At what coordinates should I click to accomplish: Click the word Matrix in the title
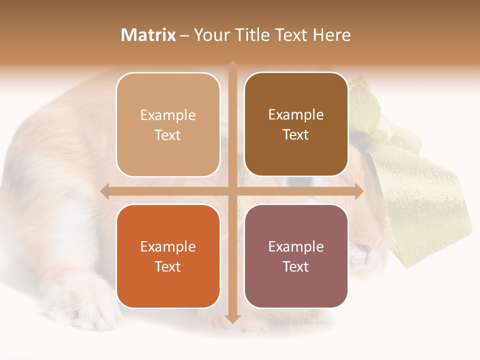click(148, 35)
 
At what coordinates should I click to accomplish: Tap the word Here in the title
click(331, 35)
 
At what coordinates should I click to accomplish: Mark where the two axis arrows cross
click(232, 191)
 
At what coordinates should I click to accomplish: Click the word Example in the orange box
click(168, 246)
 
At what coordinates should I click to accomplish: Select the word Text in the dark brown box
click(296, 135)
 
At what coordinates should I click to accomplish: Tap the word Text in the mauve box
click(296, 266)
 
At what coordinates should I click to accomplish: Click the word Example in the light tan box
click(168, 115)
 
